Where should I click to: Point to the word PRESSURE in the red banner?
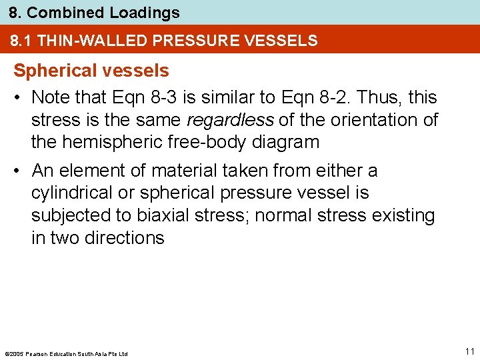tap(191, 41)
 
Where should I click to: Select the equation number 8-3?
tap(163, 97)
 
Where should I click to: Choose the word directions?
tap(125, 238)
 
